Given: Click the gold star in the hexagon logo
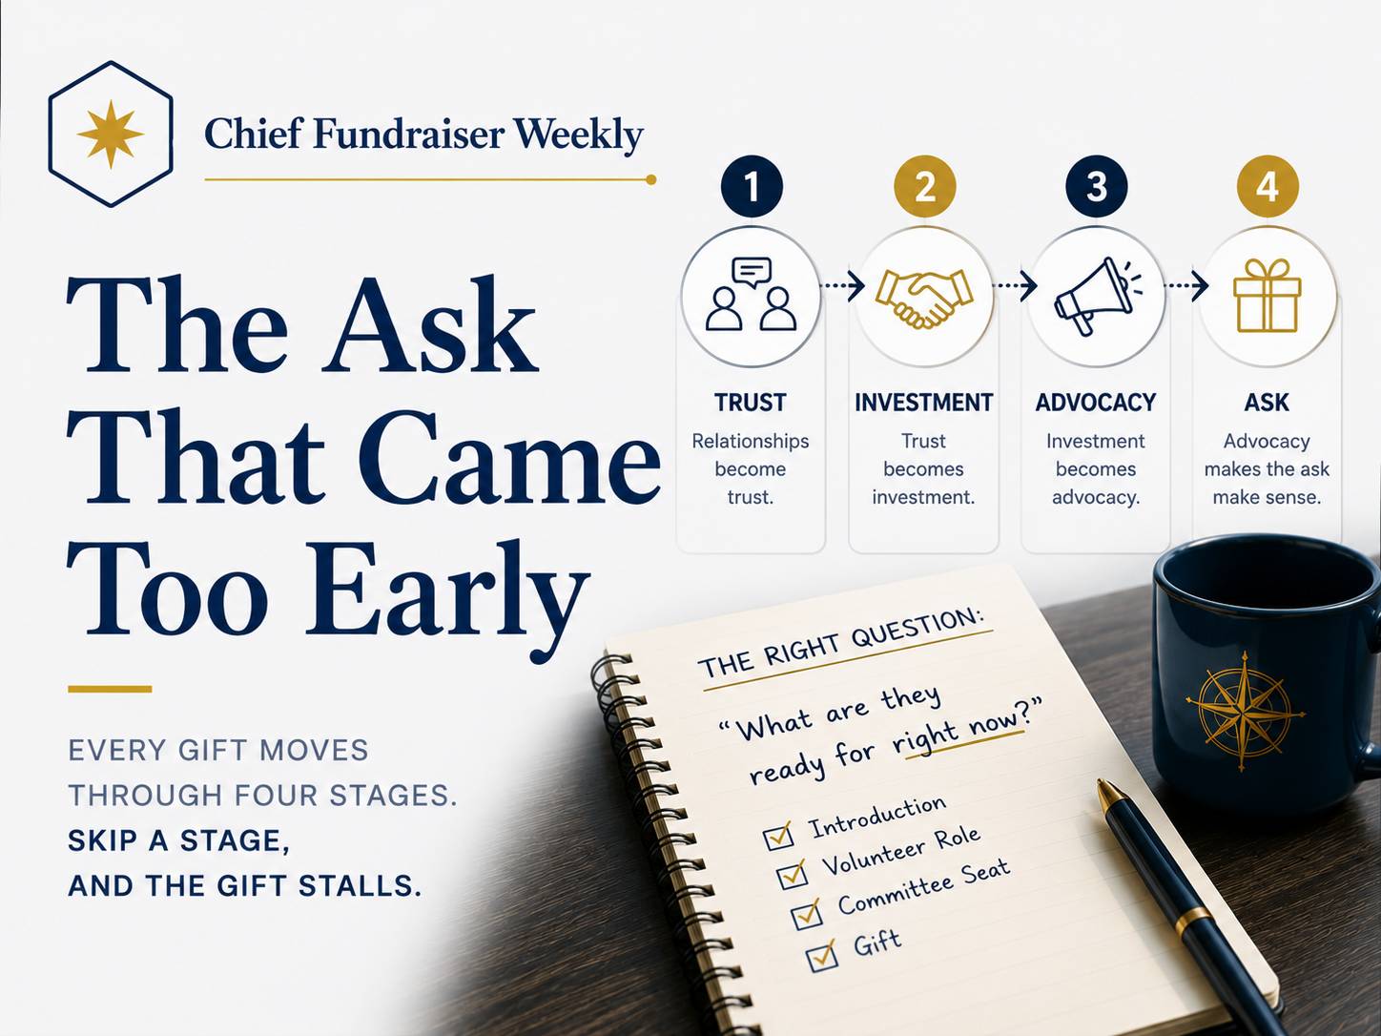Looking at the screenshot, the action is click(111, 134).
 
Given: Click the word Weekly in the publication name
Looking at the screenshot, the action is click(578, 135).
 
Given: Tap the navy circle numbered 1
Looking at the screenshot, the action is click(752, 186).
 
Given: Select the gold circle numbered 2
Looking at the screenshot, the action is click(925, 186).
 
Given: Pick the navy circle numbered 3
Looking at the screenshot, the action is click(1097, 186).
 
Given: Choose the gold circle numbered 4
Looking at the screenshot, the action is click(1268, 186).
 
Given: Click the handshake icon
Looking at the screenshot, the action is click(923, 299).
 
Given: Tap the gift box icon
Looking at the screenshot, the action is click(1268, 295).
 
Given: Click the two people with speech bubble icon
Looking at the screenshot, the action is click(752, 294).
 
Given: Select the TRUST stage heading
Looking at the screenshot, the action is click(751, 403).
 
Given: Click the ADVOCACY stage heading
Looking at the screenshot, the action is click(1096, 403).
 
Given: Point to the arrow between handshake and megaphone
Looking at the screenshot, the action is click(1015, 286).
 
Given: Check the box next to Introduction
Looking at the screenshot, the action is click(778, 837).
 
